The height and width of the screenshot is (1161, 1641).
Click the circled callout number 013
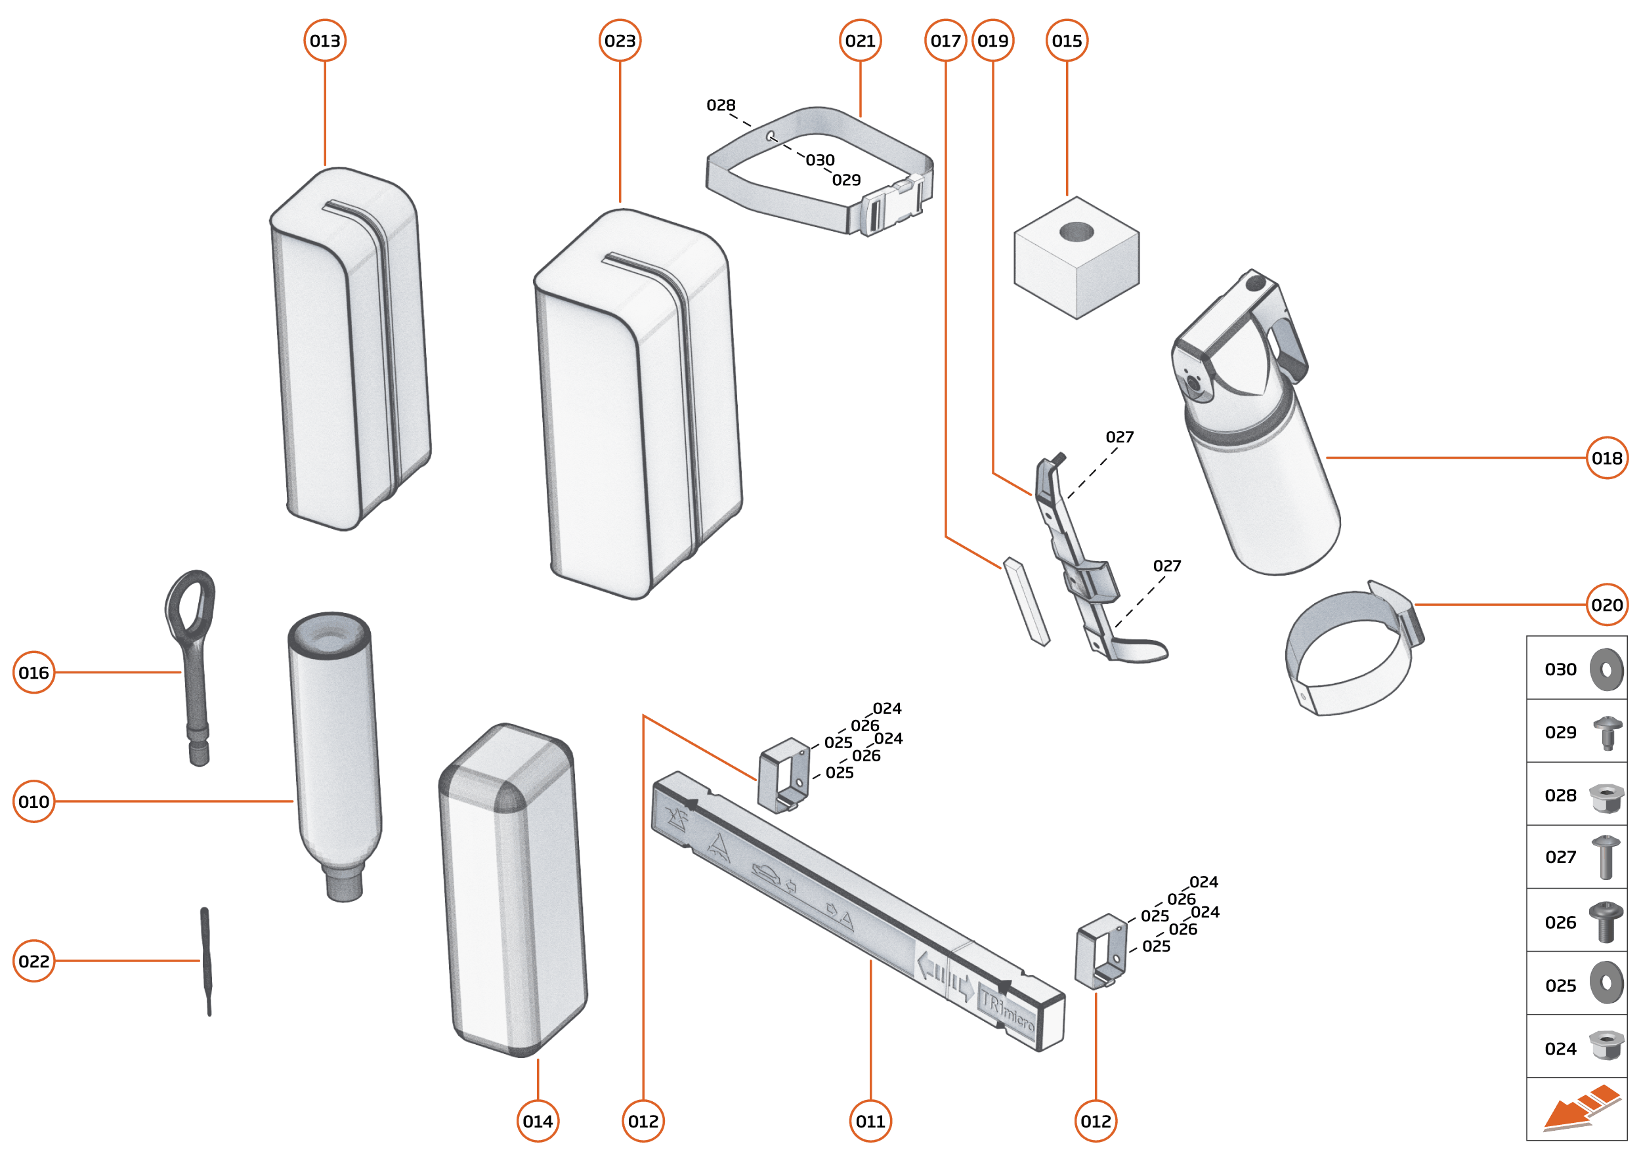point(325,41)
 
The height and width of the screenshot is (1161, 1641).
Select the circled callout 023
point(619,41)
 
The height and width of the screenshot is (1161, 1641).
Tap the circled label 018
point(1607,457)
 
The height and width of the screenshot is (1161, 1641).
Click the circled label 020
point(1607,605)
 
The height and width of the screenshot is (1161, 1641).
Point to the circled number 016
point(33,672)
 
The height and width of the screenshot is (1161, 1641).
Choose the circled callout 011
point(870,1121)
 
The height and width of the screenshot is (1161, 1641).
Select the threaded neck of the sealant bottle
point(345,883)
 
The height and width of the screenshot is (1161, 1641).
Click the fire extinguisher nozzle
point(1193,384)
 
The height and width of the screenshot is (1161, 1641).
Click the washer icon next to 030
point(1606,669)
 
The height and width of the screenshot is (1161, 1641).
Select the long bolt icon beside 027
point(1606,856)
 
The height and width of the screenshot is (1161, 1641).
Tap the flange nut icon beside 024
point(1606,1047)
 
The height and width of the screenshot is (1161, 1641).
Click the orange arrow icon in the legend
point(1580,1108)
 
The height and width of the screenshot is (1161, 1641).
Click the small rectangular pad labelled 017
point(1026,601)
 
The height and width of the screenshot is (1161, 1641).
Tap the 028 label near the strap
point(721,105)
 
